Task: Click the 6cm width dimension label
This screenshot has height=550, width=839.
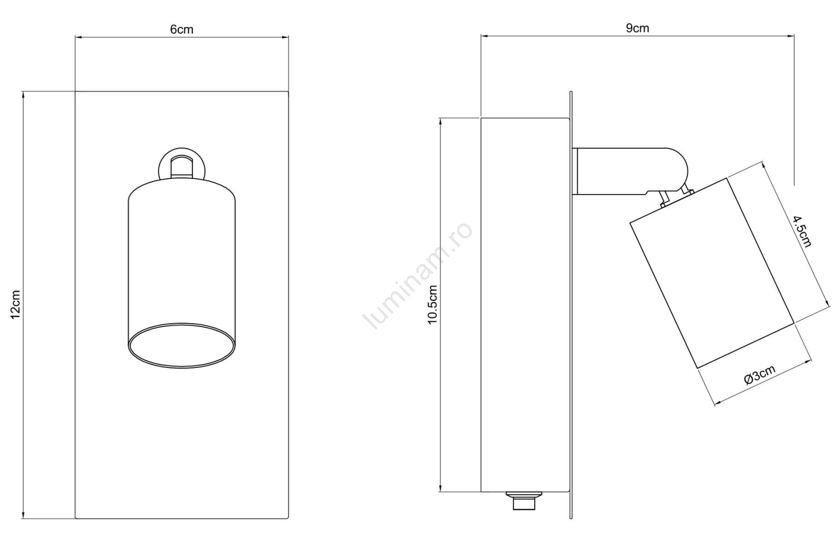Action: [x=181, y=29]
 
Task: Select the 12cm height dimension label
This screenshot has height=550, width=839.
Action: [x=15, y=304]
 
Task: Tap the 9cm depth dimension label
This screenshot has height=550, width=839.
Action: [x=637, y=28]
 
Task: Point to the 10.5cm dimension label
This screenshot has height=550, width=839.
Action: [x=433, y=304]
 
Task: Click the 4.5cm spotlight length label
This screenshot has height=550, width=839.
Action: [x=801, y=231]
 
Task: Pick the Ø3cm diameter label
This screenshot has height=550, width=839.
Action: [x=760, y=375]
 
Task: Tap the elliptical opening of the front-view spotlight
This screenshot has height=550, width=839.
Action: [x=181, y=345]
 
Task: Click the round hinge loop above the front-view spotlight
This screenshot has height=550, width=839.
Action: [x=181, y=164]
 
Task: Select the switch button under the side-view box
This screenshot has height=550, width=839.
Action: [x=524, y=501]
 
